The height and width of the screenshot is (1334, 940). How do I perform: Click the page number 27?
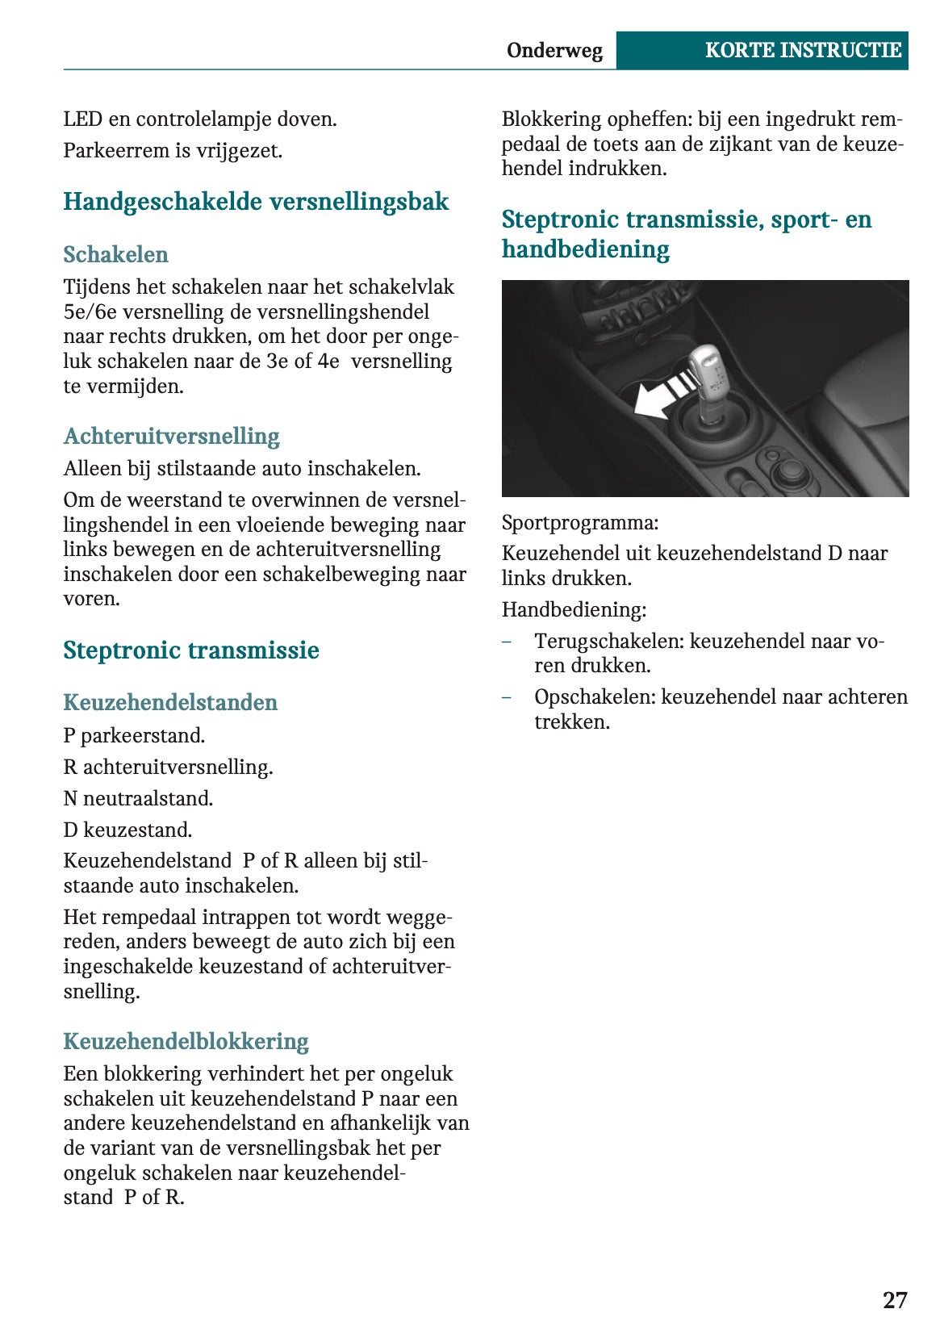pos(894,1300)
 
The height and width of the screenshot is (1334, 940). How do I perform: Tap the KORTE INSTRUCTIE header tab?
pos(802,50)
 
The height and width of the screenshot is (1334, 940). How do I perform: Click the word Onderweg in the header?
pos(554,50)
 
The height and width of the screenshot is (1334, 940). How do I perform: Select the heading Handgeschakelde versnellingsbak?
pos(256,202)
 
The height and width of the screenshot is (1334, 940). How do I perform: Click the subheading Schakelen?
pos(115,254)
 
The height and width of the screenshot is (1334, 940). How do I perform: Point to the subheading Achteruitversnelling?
pos(171,437)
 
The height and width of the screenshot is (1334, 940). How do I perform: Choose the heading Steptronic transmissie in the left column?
pos(191,650)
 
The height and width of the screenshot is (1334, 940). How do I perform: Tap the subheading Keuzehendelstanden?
pos(170,702)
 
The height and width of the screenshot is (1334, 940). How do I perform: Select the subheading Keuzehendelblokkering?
pos(186,1041)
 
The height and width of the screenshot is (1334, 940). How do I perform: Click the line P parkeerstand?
pos(134,736)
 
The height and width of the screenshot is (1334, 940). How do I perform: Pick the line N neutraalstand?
pos(138,799)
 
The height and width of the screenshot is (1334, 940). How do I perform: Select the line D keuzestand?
pos(127,830)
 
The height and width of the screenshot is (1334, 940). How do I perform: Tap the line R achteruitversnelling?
pos(168,767)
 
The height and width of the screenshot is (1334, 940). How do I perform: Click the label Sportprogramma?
pos(579,523)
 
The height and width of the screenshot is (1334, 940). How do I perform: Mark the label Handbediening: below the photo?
pos(574,610)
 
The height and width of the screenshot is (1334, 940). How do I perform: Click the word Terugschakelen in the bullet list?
pos(608,642)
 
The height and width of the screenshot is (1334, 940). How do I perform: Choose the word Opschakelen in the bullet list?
pos(594,697)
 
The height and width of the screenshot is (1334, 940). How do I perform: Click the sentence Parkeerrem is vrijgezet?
pos(173,151)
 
